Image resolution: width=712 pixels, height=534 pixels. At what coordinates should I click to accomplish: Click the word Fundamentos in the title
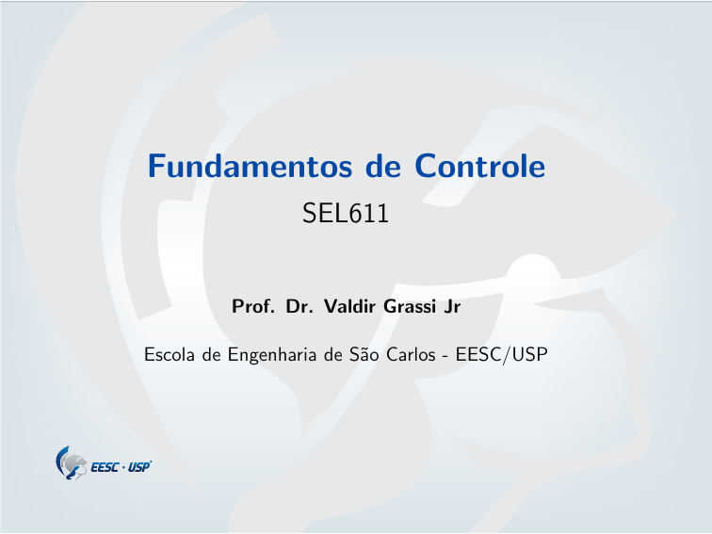[x=250, y=167]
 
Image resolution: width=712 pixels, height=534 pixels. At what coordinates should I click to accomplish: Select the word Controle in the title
[x=479, y=167]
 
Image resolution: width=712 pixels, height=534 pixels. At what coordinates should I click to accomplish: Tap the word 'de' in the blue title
[x=383, y=167]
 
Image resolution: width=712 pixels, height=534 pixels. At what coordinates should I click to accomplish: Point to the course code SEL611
[x=346, y=214]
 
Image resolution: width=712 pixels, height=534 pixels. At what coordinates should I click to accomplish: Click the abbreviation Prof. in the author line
[x=252, y=307]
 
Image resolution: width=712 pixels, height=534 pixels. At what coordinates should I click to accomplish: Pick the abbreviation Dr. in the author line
[x=300, y=307]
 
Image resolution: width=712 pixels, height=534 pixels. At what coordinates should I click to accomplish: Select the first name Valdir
[x=349, y=307]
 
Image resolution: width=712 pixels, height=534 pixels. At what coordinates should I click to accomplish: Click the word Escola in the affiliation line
[x=167, y=356]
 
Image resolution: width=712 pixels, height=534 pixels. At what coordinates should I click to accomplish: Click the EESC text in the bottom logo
[x=105, y=467]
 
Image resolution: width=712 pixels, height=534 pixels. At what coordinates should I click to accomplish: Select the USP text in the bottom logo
[x=138, y=467]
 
